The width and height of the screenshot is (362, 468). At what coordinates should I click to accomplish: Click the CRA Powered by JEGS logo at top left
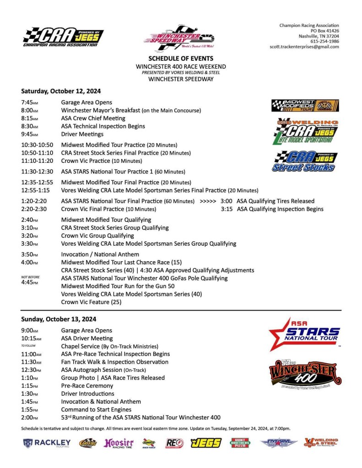point(63,37)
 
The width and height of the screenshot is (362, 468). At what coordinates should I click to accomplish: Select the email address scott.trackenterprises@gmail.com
point(304,47)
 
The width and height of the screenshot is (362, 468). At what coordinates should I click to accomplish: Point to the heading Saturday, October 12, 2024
point(61,91)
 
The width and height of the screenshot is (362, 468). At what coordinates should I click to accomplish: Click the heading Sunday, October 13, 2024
point(59,319)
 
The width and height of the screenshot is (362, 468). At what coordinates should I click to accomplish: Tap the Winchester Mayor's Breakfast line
point(131,110)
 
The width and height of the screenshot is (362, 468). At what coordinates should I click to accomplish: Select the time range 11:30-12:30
point(37,172)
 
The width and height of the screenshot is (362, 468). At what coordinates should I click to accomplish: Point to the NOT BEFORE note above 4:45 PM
point(30,277)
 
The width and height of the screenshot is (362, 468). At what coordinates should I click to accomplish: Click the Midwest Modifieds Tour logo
point(305,106)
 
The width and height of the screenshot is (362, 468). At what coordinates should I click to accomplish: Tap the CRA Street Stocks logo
point(305,161)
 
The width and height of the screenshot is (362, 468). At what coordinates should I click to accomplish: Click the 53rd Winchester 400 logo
point(305,374)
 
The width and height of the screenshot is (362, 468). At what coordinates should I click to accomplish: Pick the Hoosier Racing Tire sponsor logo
point(119,443)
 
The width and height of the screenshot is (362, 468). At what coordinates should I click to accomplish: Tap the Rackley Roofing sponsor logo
point(47,443)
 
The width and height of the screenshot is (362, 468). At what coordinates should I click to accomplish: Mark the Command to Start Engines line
point(96,409)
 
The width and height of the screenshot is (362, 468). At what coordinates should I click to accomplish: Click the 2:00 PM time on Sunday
point(30,417)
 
